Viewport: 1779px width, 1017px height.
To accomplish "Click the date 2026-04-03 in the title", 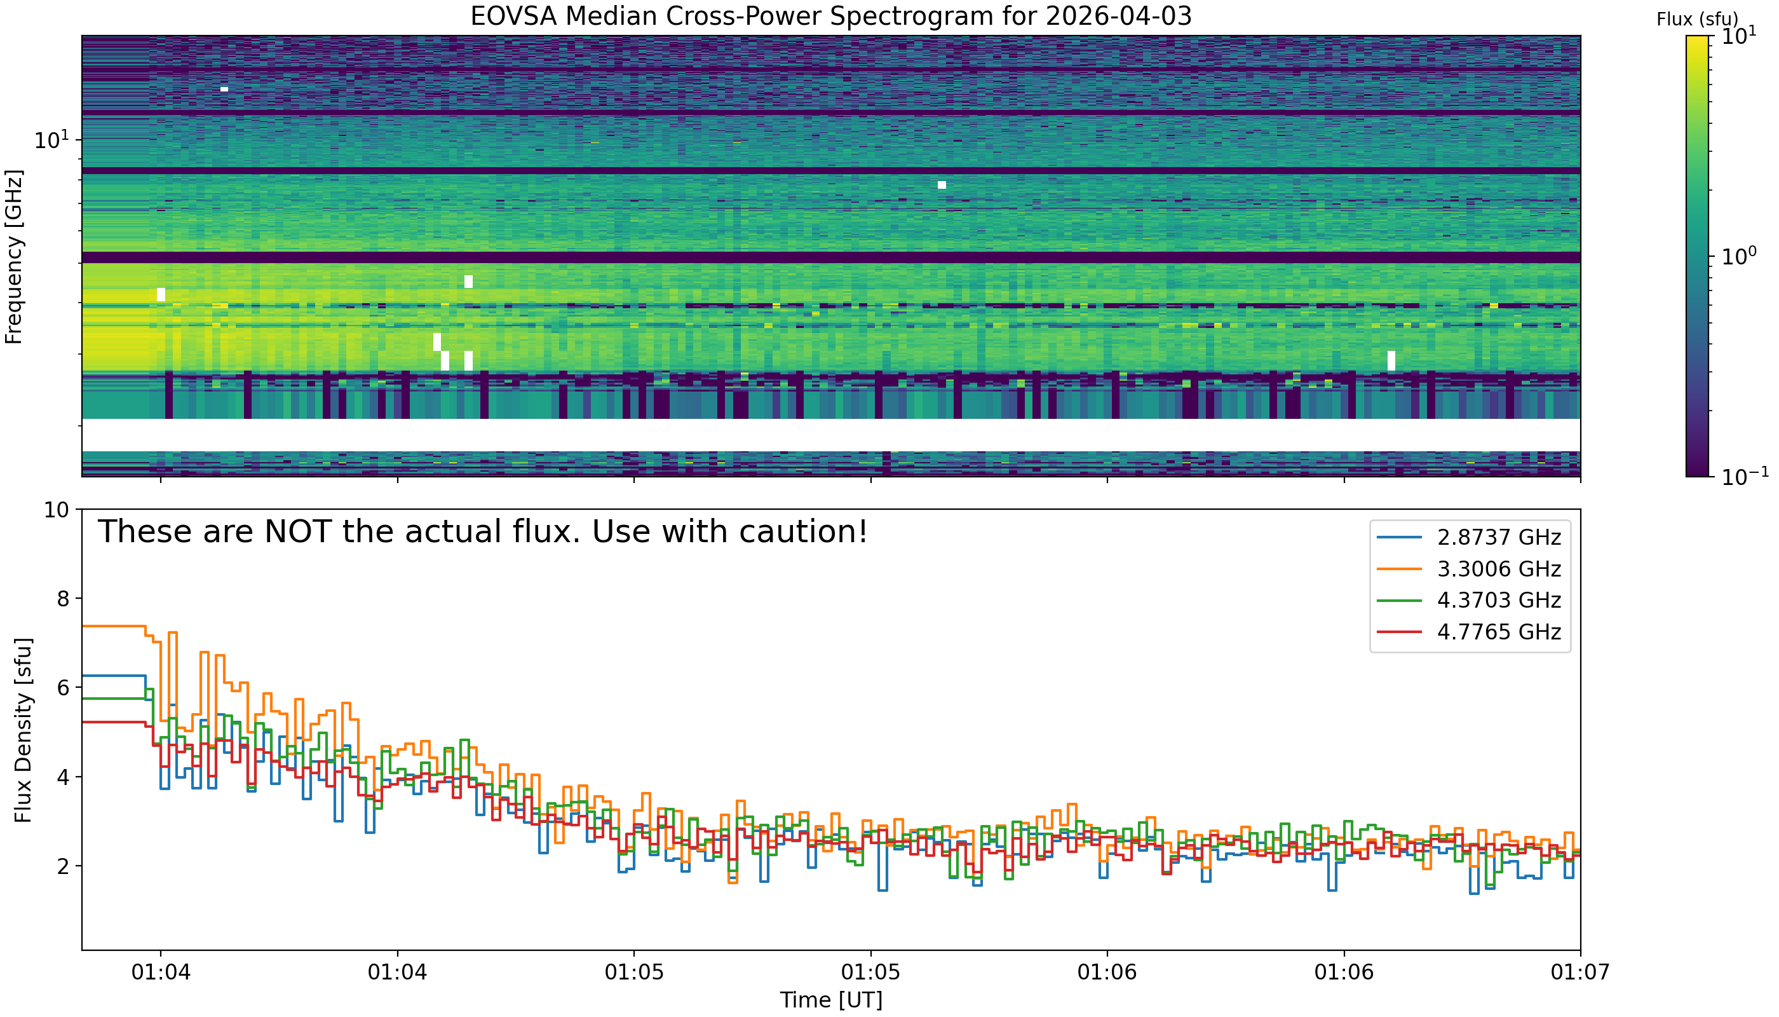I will pos(1118,16).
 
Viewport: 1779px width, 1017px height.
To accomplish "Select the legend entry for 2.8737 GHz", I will pos(1498,537).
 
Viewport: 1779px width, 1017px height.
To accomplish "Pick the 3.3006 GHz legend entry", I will pos(1498,569).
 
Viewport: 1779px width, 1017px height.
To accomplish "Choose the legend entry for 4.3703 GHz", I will pos(1498,600).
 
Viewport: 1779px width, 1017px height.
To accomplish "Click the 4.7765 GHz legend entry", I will pos(1498,631).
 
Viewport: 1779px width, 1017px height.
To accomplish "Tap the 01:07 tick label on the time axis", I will pos(1580,973).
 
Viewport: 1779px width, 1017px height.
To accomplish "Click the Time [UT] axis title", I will pos(831,1000).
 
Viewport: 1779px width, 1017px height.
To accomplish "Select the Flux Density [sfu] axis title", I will pos(23,730).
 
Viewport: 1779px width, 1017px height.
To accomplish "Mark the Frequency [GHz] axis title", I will pos(14,256).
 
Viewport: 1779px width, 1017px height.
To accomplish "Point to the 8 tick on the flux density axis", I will pos(62,599).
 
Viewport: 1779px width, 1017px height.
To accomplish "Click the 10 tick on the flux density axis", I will pos(57,510).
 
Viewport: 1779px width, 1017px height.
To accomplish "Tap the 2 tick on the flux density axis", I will pos(62,866).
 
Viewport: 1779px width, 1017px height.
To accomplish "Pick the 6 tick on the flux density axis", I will pos(62,688).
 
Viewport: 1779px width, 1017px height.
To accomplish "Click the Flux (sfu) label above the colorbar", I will pos(1696,20).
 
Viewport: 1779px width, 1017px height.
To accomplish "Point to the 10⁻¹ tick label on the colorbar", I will pos(1743,475).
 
